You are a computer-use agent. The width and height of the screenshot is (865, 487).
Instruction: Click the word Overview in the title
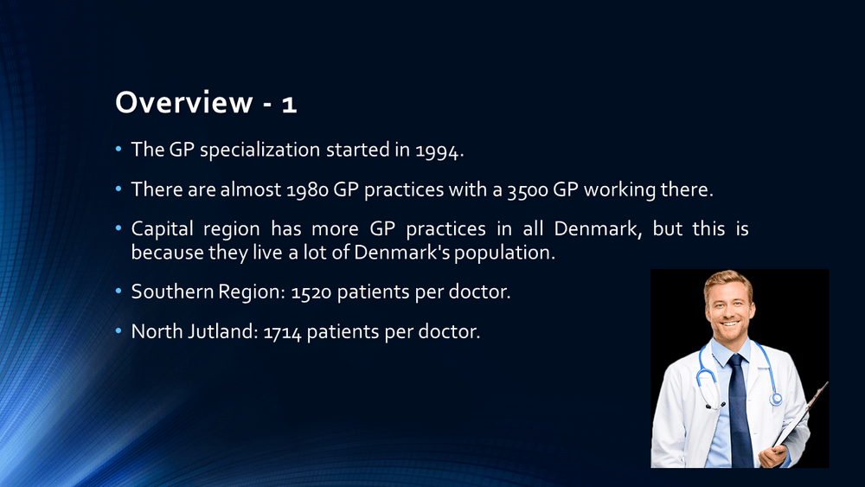click(x=183, y=102)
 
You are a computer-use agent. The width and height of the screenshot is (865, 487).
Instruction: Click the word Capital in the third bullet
click(x=163, y=229)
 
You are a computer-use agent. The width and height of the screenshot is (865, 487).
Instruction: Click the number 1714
click(x=282, y=332)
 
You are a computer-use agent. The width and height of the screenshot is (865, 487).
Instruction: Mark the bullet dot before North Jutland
click(x=118, y=331)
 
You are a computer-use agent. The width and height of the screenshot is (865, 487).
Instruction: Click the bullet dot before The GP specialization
click(x=118, y=149)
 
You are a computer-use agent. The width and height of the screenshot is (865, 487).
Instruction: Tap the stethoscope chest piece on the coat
click(x=776, y=398)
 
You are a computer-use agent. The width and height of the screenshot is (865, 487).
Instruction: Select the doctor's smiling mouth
click(x=730, y=324)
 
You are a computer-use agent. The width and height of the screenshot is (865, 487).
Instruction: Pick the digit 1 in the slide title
click(x=289, y=105)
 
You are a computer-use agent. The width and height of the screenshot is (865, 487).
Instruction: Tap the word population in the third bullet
click(x=504, y=253)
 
